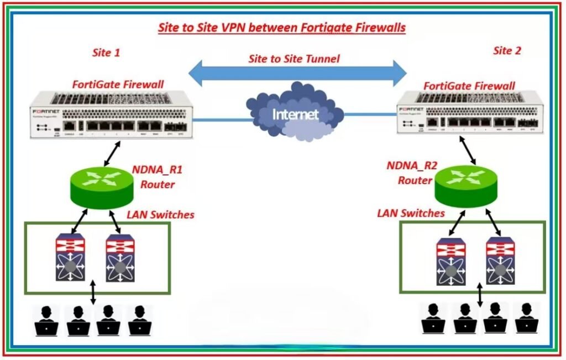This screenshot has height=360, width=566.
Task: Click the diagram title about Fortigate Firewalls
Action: point(282,28)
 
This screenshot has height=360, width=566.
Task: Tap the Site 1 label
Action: point(106,53)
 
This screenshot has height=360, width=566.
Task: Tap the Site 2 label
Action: point(507,51)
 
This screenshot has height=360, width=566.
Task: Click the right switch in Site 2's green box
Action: point(500,260)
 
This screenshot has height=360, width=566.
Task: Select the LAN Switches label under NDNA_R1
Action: point(160,214)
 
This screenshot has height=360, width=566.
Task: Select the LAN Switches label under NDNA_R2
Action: point(411,213)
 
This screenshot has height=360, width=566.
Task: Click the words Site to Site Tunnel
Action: point(294,58)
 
